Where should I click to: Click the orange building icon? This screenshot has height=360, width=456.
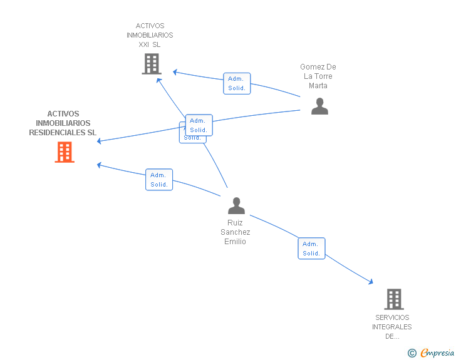click(65, 152)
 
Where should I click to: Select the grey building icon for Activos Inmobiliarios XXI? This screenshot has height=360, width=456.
click(151, 64)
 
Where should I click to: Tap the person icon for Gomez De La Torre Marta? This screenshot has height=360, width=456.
click(319, 106)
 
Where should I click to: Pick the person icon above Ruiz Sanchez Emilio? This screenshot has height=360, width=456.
click(236, 205)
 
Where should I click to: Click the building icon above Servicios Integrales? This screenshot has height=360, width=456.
click(393, 299)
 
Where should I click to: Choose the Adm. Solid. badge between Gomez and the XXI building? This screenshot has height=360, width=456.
click(237, 83)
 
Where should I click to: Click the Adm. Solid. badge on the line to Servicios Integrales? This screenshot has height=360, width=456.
click(311, 249)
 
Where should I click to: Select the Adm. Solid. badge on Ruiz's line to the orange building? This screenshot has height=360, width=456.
click(158, 180)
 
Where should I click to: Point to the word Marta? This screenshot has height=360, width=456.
click(318, 86)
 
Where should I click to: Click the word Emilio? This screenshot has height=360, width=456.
click(236, 242)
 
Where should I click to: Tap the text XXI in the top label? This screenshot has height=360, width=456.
click(144, 44)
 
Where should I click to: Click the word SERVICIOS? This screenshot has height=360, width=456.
click(392, 318)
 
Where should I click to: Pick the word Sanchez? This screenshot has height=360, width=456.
click(236, 232)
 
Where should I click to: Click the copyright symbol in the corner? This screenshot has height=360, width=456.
click(412, 353)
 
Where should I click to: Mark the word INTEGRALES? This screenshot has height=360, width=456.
click(392, 327)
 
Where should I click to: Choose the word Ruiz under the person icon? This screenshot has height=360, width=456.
click(236, 223)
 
